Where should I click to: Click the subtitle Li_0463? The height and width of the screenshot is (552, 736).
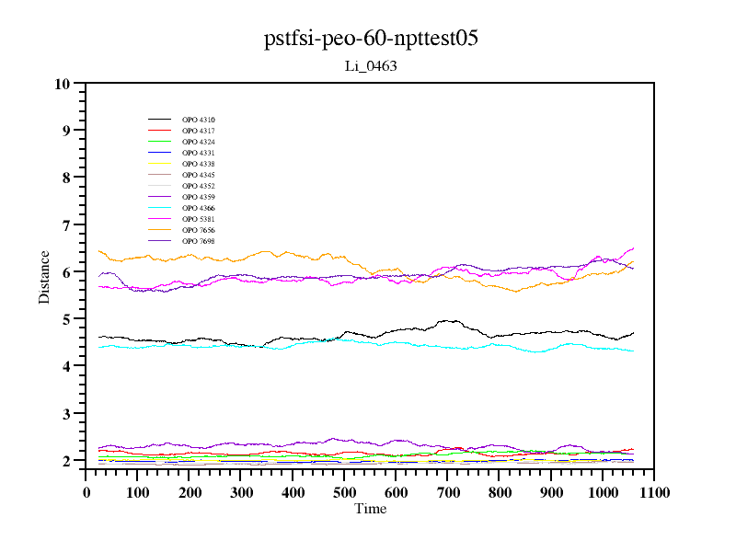click(x=370, y=66)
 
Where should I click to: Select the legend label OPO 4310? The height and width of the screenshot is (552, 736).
click(x=199, y=120)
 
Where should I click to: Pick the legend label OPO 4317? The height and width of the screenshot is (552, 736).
click(x=199, y=131)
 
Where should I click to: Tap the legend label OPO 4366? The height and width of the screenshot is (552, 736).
click(x=199, y=208)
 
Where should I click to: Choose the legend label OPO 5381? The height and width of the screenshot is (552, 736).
click(x=199, y=219)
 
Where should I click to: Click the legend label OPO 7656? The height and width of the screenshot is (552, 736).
click(x=199, y=230)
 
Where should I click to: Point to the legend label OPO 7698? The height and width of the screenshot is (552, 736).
click(x=199, y=241)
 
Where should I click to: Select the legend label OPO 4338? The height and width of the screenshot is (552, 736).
click(x=199, y=164)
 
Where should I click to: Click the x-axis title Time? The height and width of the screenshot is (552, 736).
click(x=371, y=509)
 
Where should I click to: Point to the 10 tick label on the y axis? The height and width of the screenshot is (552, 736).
click(x=63, y=84)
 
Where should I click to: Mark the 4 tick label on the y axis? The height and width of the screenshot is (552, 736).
click(x=66, y=366)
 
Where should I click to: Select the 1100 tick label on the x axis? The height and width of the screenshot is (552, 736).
click(x=654, y=493)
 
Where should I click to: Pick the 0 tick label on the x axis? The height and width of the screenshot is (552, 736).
click(x=86, y=493)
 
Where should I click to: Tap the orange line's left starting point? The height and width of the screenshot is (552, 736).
click(x=99, y=251)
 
